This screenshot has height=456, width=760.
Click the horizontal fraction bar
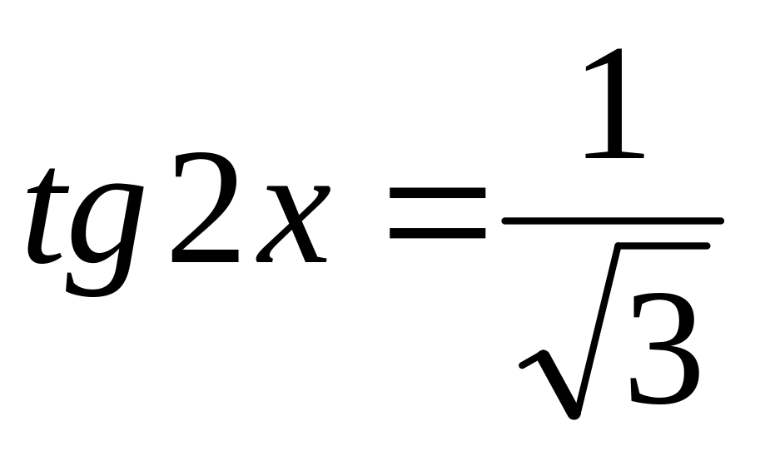612,221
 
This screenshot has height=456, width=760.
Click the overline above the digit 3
658,247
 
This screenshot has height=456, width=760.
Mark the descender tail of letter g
92,283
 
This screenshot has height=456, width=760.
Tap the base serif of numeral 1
613,154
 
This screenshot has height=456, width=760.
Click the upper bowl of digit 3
664,320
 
